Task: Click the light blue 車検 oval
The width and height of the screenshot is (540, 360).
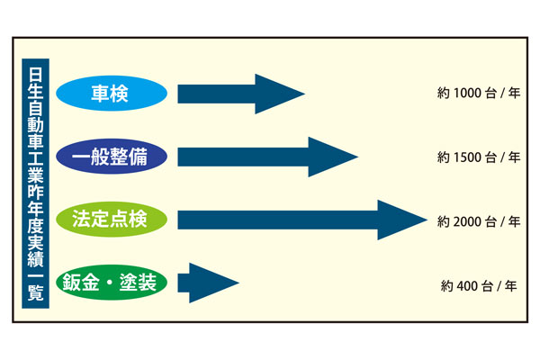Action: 112,94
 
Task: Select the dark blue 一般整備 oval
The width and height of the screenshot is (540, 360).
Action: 112,157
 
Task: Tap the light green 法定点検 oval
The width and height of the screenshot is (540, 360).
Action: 112,220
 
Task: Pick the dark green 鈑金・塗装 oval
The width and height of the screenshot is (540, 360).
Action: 112,283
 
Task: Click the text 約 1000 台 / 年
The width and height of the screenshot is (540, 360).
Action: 479,94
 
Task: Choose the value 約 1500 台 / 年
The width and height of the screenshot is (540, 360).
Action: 479,157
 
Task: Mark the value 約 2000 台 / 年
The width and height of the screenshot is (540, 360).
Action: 479,220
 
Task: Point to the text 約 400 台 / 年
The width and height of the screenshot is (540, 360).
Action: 479,286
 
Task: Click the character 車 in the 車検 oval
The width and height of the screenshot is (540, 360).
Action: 102,94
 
